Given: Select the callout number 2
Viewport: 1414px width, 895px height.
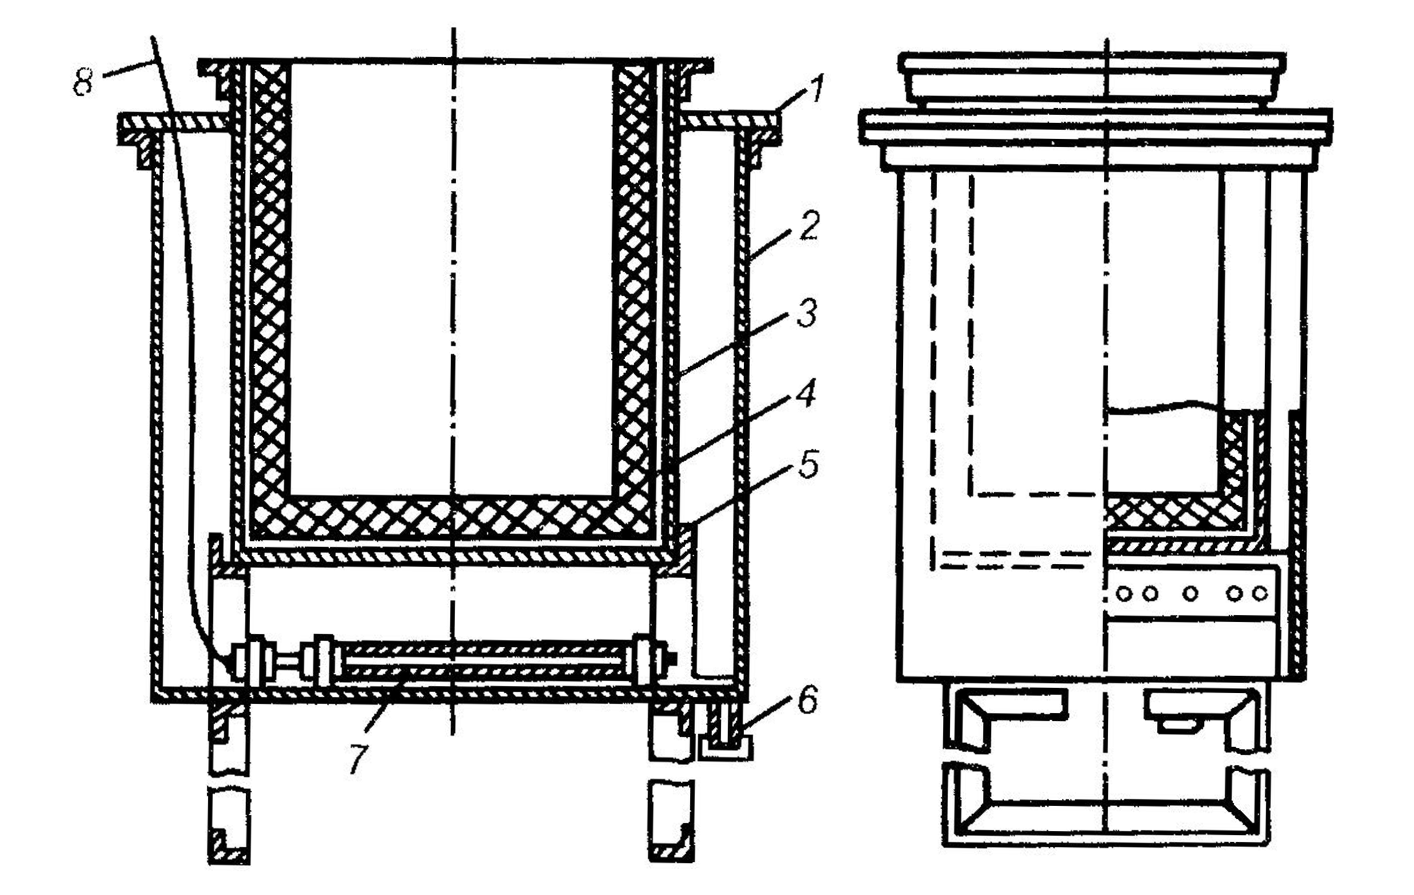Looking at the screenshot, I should [809, 226].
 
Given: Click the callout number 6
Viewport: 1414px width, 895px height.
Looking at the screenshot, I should [807, 701].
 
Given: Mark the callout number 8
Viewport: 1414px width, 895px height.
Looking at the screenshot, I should [83, 81].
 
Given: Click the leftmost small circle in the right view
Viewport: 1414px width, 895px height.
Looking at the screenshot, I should [1124, 594].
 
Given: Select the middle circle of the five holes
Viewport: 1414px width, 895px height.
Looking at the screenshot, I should [1190, 594].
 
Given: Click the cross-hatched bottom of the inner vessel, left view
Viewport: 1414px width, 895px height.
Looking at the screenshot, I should [452, 517].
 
